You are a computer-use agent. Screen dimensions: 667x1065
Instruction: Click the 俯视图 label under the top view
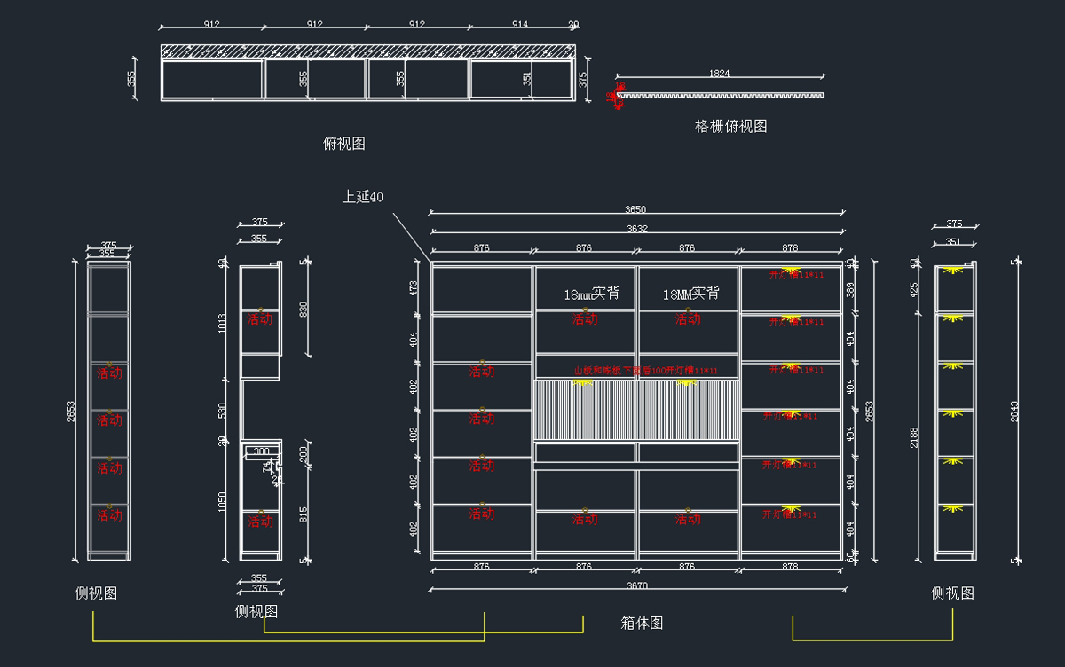(344, 143)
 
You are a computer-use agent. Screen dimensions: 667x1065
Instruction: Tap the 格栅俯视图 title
(730, 126)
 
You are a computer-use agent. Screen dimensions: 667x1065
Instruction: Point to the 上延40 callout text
(363, 196)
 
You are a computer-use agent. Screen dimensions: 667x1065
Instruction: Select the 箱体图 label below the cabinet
(642, 623)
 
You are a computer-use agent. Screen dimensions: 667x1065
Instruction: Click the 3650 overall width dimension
(635, 210)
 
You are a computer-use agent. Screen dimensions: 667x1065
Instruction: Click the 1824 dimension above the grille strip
(720, 74)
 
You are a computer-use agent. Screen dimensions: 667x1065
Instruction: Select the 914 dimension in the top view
(521, 25)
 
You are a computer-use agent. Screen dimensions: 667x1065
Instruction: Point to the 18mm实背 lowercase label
(592, 294)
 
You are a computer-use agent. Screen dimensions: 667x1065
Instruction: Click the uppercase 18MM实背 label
(690, 294)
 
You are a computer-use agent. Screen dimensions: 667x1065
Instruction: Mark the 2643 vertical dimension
(1015, 411)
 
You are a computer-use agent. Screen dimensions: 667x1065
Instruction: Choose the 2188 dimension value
(914, 436)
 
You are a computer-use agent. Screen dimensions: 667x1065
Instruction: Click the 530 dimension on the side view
(223, 411)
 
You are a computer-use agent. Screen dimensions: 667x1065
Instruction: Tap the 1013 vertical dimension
(223, 324)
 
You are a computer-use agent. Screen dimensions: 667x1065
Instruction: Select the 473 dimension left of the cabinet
(414, 287)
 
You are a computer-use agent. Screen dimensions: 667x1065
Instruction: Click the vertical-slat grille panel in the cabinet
(635, 410)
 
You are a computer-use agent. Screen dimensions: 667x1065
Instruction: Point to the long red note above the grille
(645, 371)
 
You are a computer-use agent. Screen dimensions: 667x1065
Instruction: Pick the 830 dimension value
(305, 310)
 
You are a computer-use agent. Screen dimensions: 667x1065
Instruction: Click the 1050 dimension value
(223, 502)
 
